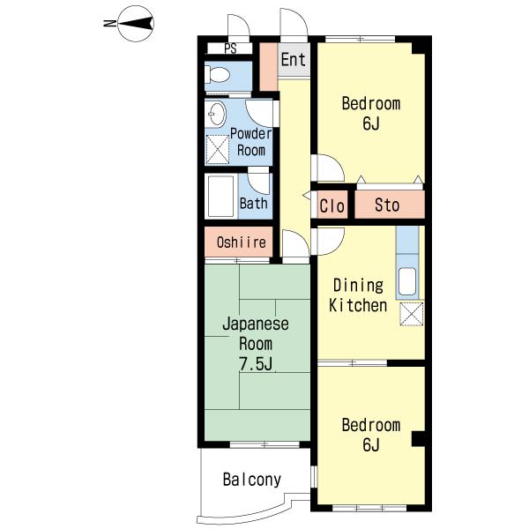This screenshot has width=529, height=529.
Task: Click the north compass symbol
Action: [x=136, y=24]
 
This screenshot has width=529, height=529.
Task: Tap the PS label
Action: [x=230, y=48]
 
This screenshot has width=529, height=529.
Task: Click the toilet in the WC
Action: [x=217, y=74]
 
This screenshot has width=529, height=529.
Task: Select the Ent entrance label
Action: [x=294, y=60]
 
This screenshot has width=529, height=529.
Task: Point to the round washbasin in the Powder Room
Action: [x=216, y=114]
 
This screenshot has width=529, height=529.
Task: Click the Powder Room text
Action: [x=250, y=142]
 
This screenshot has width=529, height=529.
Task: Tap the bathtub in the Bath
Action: [x=221, y=196]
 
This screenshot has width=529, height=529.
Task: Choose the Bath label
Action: [x=254, y=204]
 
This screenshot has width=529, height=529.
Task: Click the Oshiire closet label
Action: [x=242, y=242]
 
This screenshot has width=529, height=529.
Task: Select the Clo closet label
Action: [x=332, y=205]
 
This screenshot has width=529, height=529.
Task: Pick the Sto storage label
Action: [x=387, y=205]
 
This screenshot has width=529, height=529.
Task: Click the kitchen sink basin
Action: [x=407, y=281]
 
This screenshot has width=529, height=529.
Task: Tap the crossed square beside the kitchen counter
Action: [x=412, y=314]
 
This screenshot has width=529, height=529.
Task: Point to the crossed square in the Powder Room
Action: [x=217, y=150]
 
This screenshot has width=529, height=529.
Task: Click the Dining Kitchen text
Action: [x=358, y=295]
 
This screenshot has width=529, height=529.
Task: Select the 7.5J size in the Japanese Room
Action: [x=256, y=363]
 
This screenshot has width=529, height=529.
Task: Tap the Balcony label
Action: [x=252, y=480]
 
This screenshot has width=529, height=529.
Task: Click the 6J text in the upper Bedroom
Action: [x=371, y=123]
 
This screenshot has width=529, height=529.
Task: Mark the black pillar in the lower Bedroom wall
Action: [x=418, y=439]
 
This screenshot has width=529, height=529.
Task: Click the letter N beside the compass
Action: [x=109, y=24]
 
